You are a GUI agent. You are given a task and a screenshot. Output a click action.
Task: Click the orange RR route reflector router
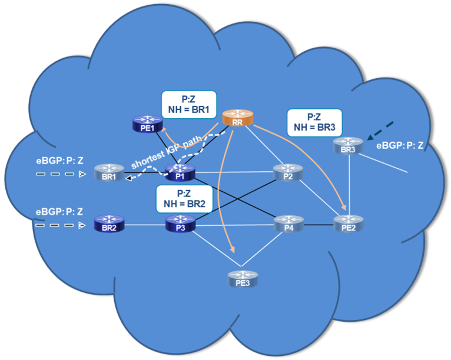237,118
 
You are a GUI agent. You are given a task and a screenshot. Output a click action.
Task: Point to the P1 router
180,172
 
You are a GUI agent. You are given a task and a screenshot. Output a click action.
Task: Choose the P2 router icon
288,172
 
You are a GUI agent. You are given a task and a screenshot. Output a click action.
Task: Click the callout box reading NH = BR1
188,105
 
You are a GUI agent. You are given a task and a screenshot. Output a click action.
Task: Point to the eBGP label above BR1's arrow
59,161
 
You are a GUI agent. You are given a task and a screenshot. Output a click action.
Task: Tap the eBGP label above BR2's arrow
59,211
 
